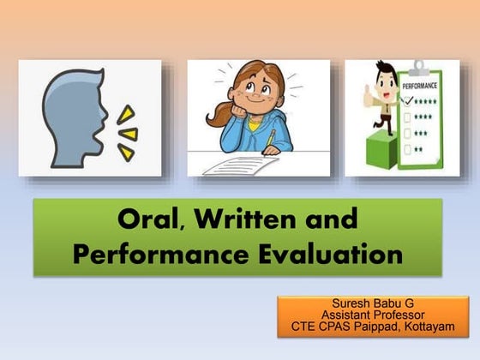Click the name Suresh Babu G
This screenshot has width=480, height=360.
coord(378,304)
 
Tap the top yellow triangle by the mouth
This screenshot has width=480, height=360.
coord(126,113)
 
